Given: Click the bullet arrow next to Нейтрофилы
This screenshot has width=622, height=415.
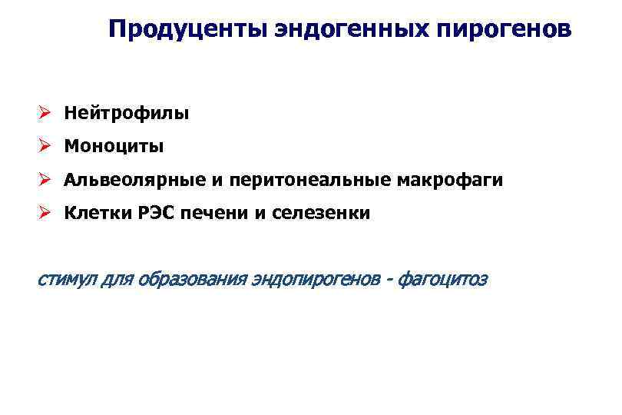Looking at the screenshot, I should pyautogui.click(x=45, y=114).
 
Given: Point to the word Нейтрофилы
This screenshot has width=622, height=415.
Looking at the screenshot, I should pyautogui.click(x=126, y=114).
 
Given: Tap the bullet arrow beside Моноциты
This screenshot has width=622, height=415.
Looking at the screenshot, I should pyautogui.click(x=45, y=146).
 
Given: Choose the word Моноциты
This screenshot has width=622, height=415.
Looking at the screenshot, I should pyautogui.click(x=114, y=146).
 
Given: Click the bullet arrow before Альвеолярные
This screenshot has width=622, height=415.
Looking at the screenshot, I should pyautogui.click(x=45, y=180).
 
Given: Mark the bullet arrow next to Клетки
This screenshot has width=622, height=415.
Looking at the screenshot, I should pyautogui.click(x=45, y=213).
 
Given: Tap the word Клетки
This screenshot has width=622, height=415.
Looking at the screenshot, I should pyautogui.click(x=94, y=213).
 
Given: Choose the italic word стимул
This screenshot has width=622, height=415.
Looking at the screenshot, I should pyautogui.click(x=67, y=279).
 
